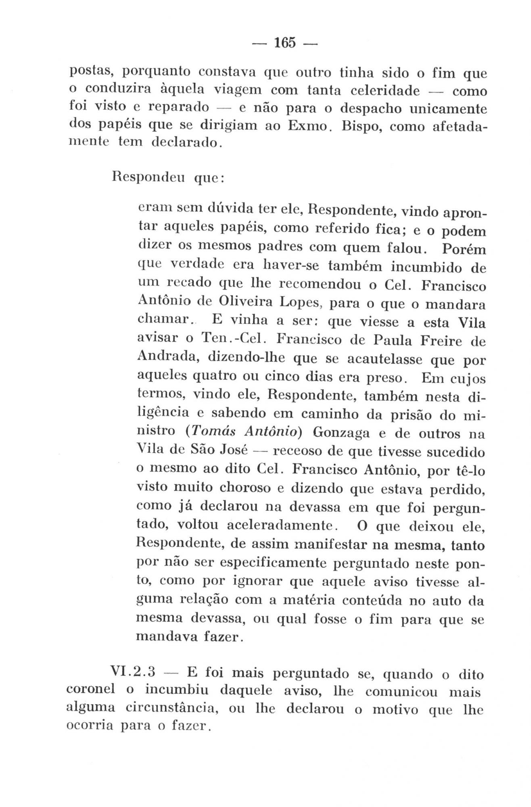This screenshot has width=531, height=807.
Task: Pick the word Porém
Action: (x=464, y=249)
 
